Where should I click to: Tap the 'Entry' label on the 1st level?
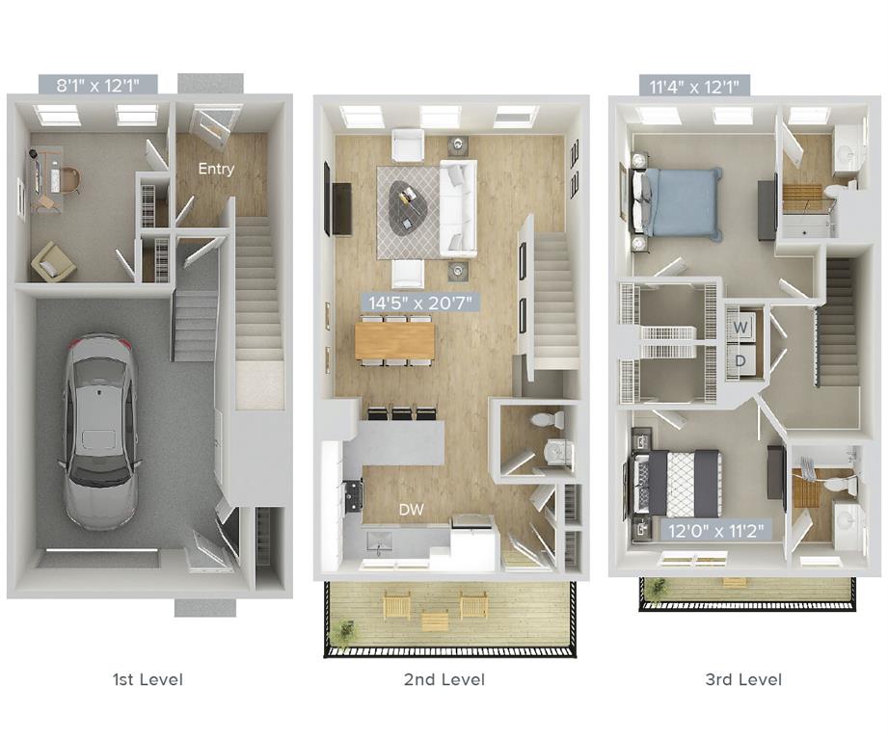tap(216, 169)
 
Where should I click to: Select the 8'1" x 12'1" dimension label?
tap(99, 85)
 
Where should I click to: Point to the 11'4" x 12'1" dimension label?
tap(694, 87)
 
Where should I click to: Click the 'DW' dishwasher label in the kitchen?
tap(410, 510)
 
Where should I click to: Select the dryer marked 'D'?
tap(740, 360)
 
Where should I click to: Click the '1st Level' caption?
tap(148, 679)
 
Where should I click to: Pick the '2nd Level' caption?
tap(444, 679)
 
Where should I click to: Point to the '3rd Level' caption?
tap(743, 679)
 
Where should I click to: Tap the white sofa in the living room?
tap(458, 208)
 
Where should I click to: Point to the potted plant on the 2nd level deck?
tap(344, 630)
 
